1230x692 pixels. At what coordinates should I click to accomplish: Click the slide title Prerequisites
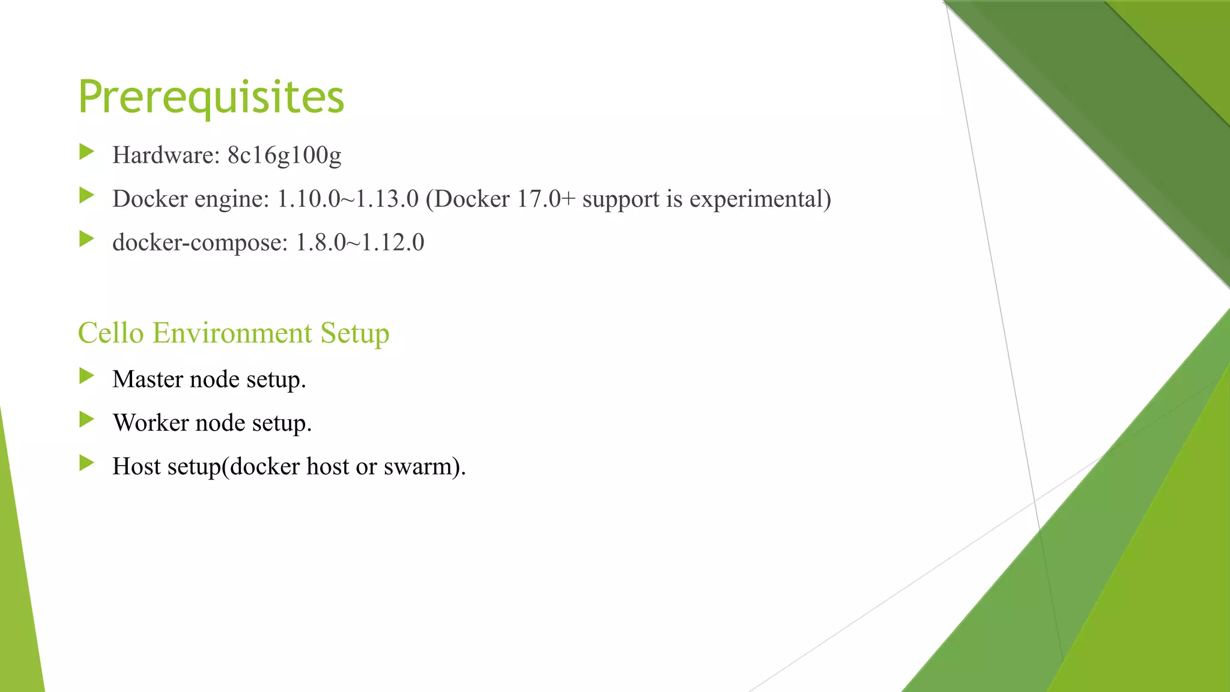(x=211, y=97)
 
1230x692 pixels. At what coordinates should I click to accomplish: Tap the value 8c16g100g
(x=284, y=155)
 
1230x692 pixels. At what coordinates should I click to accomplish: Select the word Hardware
(x=163, y=155)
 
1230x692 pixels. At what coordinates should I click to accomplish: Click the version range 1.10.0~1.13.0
(x=347, y=199)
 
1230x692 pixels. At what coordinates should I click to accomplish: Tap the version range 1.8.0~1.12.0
(x=360, y=243)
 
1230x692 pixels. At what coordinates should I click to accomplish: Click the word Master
(x=148, y=379)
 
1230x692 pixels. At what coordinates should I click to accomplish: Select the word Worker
(x=151, y=423)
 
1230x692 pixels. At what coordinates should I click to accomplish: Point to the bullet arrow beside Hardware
(x=86, y=152)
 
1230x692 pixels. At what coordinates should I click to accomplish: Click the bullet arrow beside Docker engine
(x=86, y=195)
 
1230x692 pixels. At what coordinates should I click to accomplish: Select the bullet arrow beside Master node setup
(x=86, y=376)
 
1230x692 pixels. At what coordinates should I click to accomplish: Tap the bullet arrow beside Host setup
(x=86, y=463)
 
